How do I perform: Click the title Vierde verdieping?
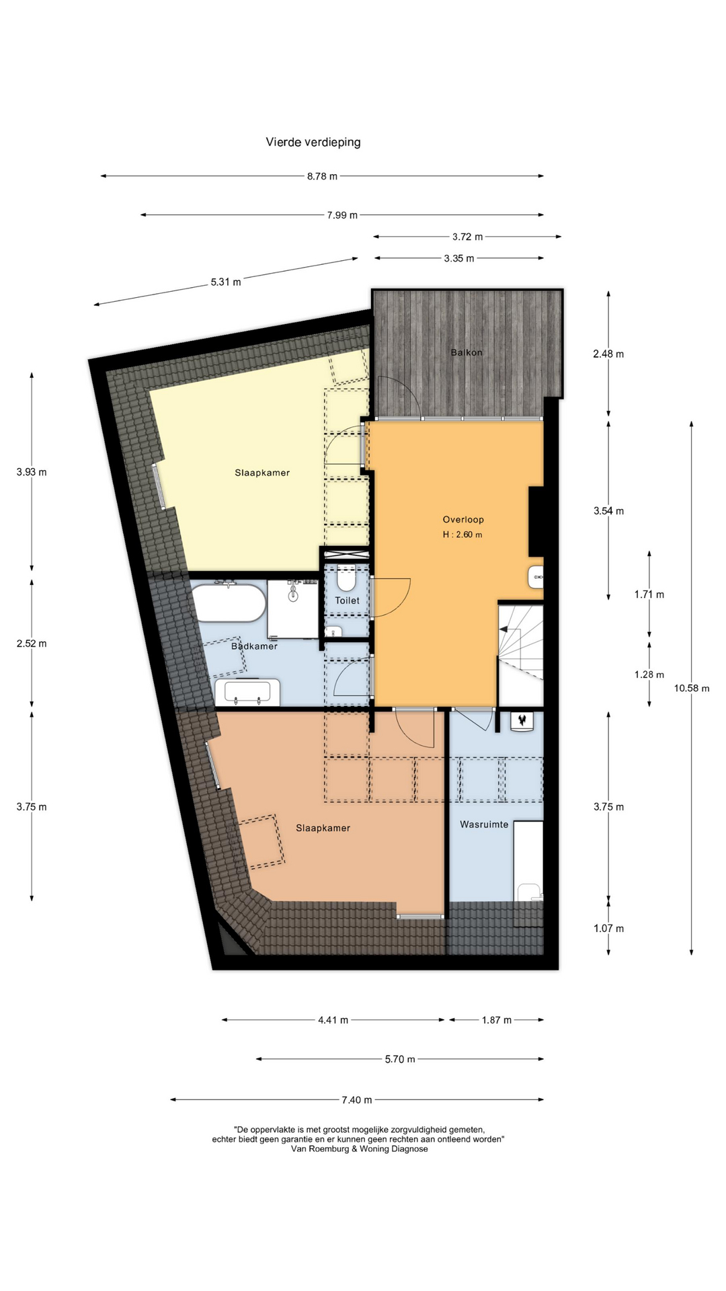tap(313, 142)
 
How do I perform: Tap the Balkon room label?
tap(466, 352)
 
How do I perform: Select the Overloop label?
tap(463, 519)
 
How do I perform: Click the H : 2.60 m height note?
tap(462, 535)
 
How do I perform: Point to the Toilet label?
tap(347, 600)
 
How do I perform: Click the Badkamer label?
tap(254, 646)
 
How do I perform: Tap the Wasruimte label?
tap(484, 824)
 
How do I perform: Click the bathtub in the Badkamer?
tap(229, 603)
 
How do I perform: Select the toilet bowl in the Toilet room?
tap(346, 579)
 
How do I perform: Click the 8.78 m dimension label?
tap(322, 176)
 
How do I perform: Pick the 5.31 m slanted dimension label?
tap(226, 282)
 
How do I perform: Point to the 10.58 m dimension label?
tap(692, 688)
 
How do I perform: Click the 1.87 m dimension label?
tap(496, 1020)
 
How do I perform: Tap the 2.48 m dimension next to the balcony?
tap(608, 354)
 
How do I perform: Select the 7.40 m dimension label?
tap(356, 1100)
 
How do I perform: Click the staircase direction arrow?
tap(503, 629)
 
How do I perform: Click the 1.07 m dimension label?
tap(608, 929)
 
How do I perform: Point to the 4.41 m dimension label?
tap(333, 1020)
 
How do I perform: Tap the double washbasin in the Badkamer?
tap(247, 692)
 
